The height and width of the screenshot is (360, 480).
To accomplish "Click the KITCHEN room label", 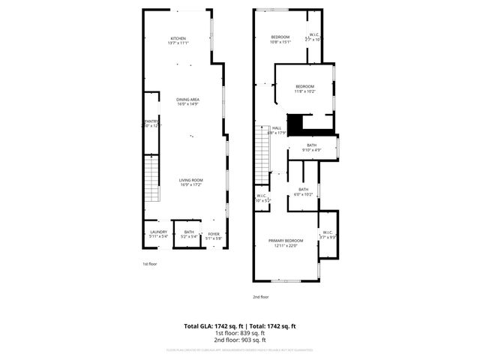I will pyautogui.click(x=178, y=40).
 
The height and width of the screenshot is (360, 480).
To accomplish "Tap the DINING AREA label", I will pyautogui.click(x=187, y=102).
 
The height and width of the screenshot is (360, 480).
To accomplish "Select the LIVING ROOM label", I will pyautogui.click(x=191, y=182).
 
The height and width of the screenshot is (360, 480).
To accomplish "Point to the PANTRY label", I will pyautogui.click(x=151, y=123).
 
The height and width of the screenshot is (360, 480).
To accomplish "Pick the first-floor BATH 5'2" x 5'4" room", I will pyautogui.click(x=189, y=235).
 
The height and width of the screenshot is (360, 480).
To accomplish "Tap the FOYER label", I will pyautogui.click(x=214, y=235).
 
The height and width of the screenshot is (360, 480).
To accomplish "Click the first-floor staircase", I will pyautogui.click(x=152, y=180).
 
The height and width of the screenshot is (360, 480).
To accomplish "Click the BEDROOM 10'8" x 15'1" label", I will pyautogui.click(x=280, y=39).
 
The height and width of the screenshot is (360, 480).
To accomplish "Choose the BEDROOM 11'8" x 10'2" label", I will pyautogui.click(x=304, y=88).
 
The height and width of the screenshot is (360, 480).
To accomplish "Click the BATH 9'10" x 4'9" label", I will pyautogui.click(x=312, y=147).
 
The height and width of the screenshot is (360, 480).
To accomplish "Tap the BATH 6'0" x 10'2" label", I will pyautogui.click(x=304, y=191).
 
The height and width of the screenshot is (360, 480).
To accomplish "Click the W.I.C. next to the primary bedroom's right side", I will pyautogui.click(x=328, y=235).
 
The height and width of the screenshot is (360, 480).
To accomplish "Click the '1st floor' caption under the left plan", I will pyautogui.click(x=149, y=264).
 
